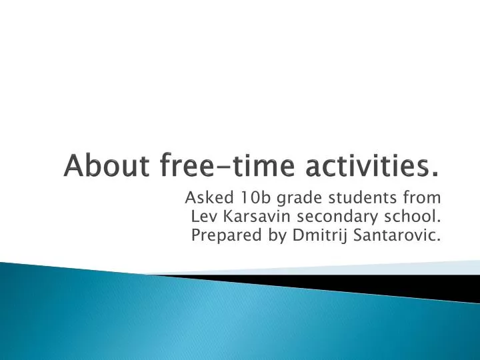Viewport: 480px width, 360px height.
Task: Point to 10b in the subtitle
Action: (250, 198)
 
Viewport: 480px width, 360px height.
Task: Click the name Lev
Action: (203, 217)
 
